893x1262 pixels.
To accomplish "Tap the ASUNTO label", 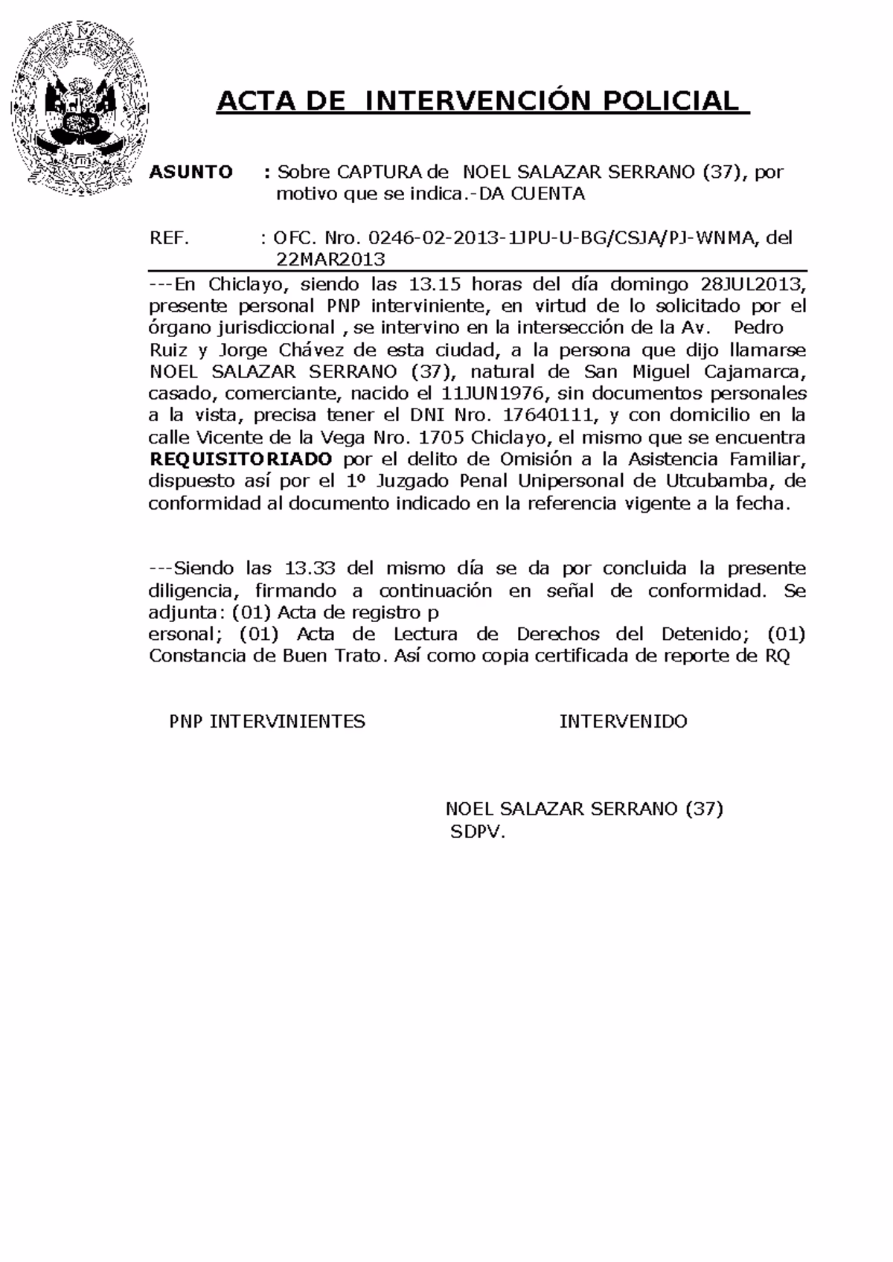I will click(191, 173).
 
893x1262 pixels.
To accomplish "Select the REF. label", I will click(170, 238).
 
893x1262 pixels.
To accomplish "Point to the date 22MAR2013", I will click(330, 260).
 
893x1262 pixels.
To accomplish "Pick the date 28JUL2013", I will click(752, 284).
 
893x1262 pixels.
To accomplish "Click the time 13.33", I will click(310, 568).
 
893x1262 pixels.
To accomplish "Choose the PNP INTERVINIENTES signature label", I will click(267, 721).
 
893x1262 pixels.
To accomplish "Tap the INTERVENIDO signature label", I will click(623, 721).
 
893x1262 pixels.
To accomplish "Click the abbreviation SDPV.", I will click(477, 833).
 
